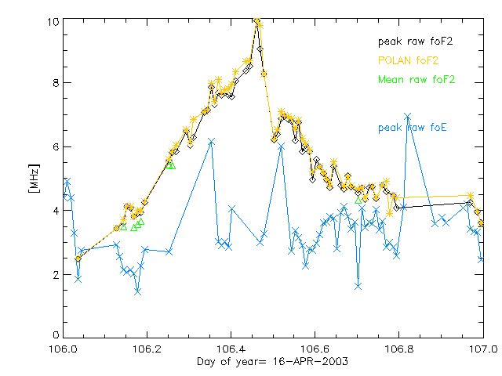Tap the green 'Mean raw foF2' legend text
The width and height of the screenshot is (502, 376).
point(417,79)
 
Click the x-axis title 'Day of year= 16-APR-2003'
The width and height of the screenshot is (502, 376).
point(272,361)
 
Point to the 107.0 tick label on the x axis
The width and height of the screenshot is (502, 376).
point(482,349)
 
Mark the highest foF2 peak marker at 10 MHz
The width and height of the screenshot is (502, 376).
point(257,21)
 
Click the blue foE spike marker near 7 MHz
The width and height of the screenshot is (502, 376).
point(408,116)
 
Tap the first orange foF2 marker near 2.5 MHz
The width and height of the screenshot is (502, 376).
point(78,258)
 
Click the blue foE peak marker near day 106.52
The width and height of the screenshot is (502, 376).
point(281,146)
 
